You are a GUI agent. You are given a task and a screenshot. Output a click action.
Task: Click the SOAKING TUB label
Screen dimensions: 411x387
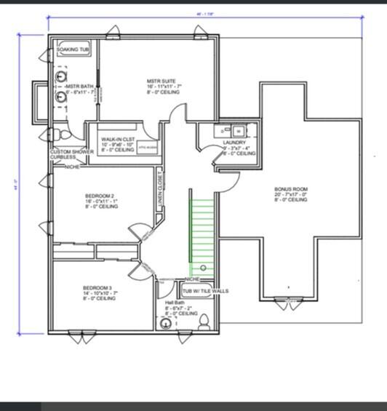[73, 49]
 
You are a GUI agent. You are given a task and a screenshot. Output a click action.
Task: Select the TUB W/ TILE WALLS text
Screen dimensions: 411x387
[205, 291]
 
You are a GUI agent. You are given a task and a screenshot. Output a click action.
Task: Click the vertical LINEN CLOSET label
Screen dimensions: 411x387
[159, 190]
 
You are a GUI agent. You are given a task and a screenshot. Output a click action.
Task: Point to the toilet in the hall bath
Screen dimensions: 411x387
[204, 321]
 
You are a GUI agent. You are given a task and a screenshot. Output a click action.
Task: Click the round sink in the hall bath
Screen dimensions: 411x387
[167, 324]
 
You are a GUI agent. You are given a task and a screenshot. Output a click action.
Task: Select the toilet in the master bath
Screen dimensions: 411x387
[64, 135]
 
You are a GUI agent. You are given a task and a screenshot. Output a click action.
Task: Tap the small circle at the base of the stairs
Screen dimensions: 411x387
[203, 268]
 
